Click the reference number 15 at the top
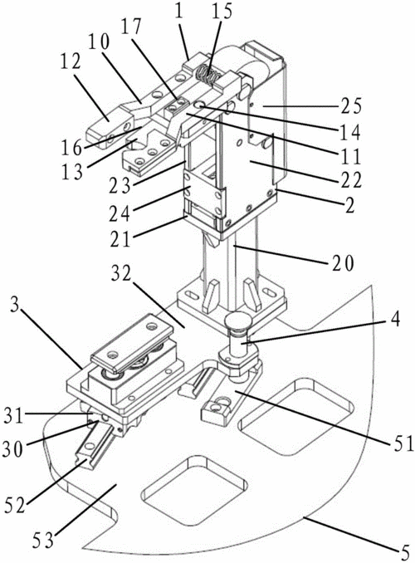click(221, 12)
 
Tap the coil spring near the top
click(208, 76)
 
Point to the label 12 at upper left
click(71, 64)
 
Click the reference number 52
click(15, 505)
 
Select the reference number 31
click(16, 417)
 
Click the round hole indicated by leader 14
click(198, 105)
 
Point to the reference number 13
click(71, 170)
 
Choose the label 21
click(121, 239)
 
